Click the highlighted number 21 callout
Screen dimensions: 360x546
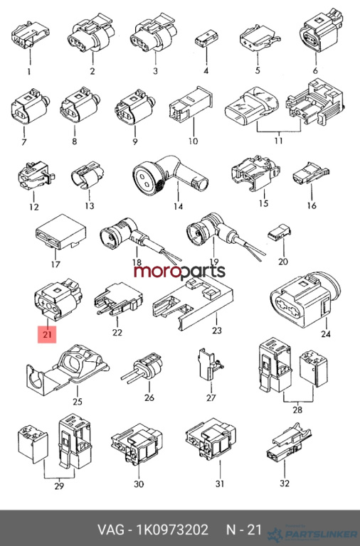pos(47,334)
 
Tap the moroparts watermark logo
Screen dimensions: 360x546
pos(180,272)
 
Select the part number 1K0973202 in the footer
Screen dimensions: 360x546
pos(172,530)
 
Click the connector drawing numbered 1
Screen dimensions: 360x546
pos(30,35)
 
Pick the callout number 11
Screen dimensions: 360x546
pos(278,141)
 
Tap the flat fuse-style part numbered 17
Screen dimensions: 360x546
pos(61,232)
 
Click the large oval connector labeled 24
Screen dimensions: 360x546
pos(305,300)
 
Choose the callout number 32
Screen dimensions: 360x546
pos(285,483)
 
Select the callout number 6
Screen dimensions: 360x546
pos(315,70)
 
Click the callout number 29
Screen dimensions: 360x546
pos(59,486)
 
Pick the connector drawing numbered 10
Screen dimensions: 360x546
pos(191,103)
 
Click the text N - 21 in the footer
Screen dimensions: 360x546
pos(244,530)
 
